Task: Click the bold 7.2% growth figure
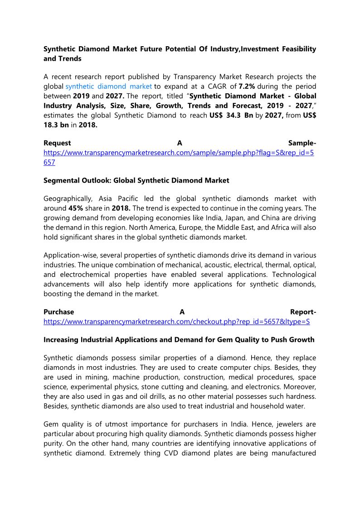(x=248, y=86)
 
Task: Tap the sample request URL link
(x=179, y=153)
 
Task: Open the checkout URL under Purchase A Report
(x=176, y=321)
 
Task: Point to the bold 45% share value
(x=75, y=208)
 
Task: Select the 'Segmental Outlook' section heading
(x=136, y=180)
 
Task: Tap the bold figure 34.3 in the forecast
(x=235, y=115)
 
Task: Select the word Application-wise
(x=70, y=255)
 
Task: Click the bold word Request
(x=57, y=143)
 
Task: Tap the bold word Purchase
(x=59, y=312)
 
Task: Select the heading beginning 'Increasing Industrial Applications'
(x=179, y=339)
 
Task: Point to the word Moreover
(x=300, y=387)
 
